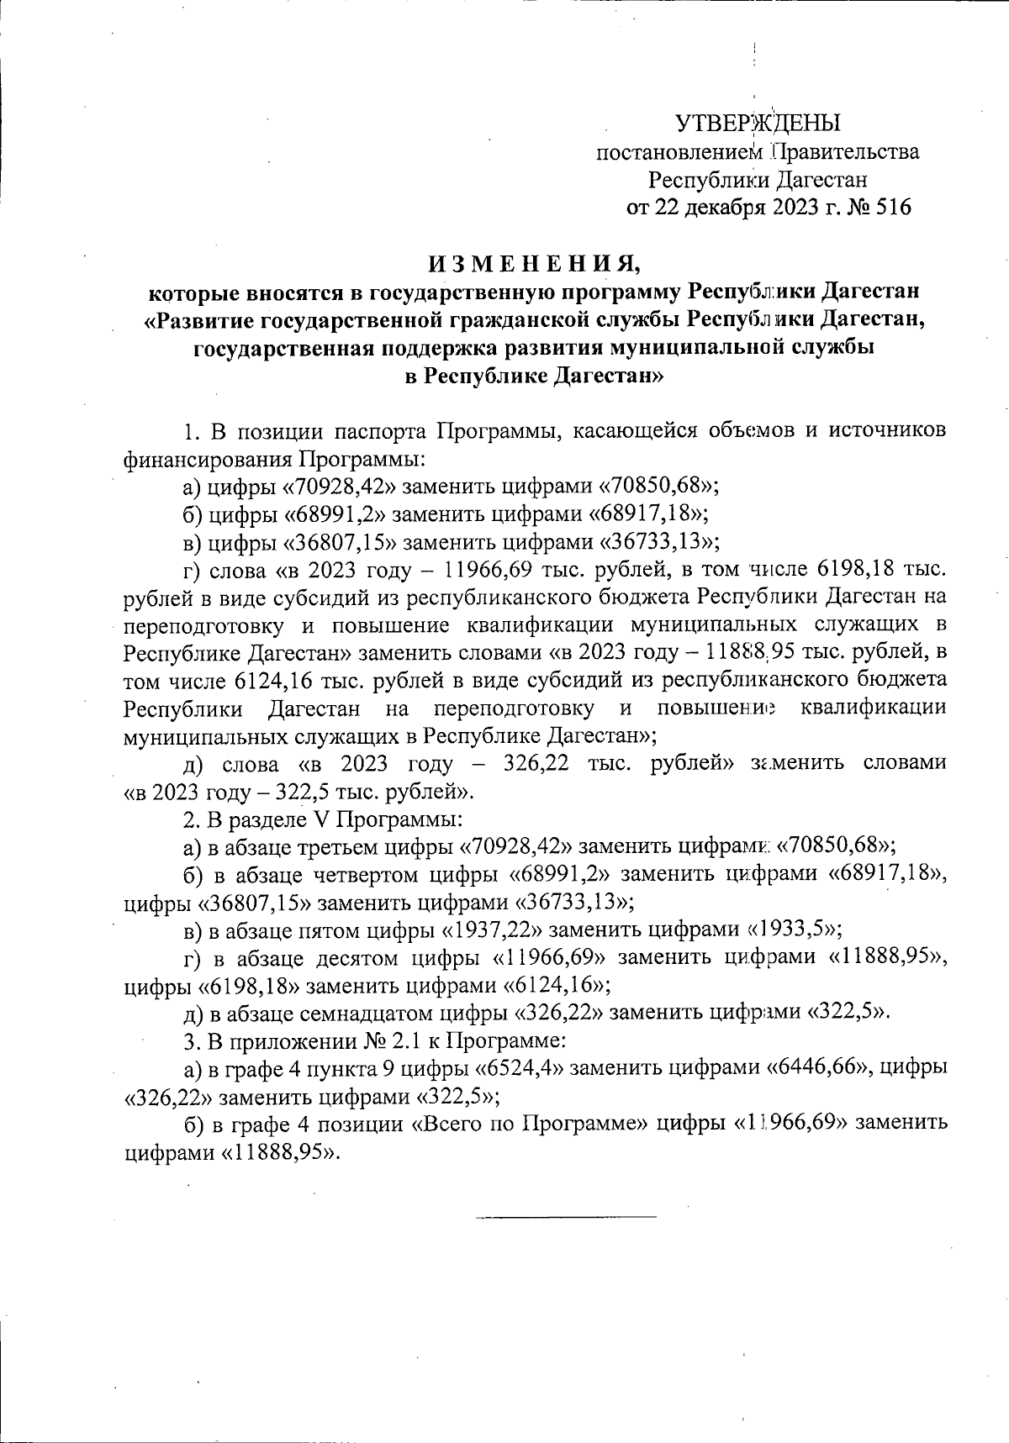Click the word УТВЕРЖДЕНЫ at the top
758,124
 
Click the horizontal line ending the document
566,1216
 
